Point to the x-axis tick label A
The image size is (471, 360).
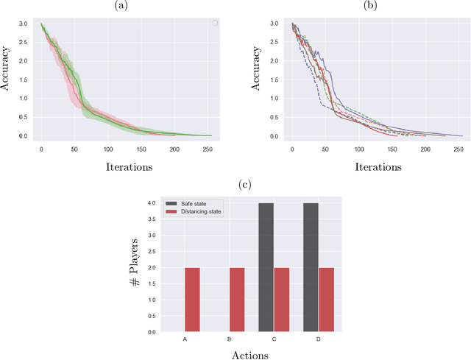(185, 339)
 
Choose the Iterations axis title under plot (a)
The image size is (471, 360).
(126, 166)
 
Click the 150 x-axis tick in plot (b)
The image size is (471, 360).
(393, 149)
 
